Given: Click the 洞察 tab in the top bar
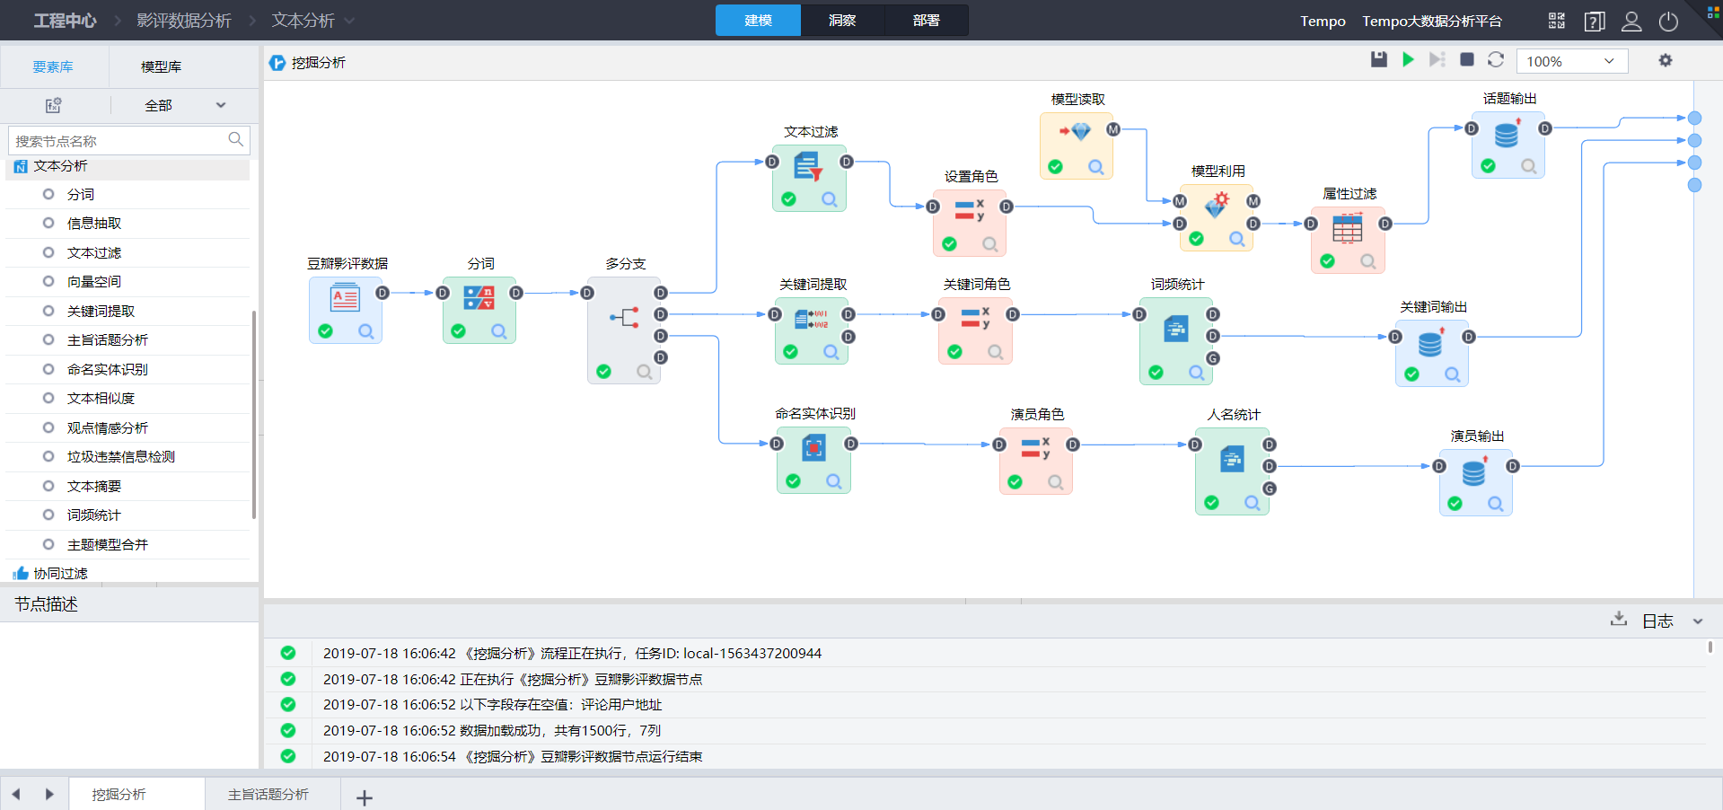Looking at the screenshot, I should point(842,21).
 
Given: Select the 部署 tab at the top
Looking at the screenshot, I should point(926,21).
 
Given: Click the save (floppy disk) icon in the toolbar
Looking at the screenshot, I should point(1379,59).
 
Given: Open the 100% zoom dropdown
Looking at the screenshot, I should point(1571,61).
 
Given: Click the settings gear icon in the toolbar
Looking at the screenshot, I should point(1666,60).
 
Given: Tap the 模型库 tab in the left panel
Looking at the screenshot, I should point(161,66).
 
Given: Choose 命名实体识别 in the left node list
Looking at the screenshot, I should point(108,369).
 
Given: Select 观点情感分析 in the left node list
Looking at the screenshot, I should point(108,427).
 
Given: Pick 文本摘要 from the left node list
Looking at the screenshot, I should point(94,486).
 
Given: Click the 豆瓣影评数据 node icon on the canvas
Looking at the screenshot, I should point(345,298).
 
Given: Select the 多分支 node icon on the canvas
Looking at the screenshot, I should point(624,317).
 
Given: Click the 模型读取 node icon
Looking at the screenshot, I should point(1076,132).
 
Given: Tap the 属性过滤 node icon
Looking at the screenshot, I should point(1347,229).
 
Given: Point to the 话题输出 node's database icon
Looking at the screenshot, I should point(1507,135).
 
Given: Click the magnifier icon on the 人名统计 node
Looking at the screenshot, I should point(1252,503).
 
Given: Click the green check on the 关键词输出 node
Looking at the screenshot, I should point(1411,374).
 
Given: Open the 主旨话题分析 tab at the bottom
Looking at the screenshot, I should point(268,795).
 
